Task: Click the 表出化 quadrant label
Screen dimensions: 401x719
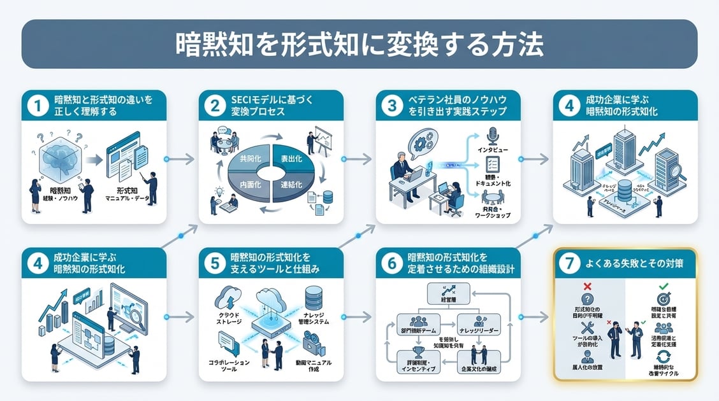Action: click(294, 159)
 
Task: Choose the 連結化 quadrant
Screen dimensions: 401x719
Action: click(295, 185)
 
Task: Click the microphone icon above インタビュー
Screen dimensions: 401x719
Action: click(491, 136)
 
